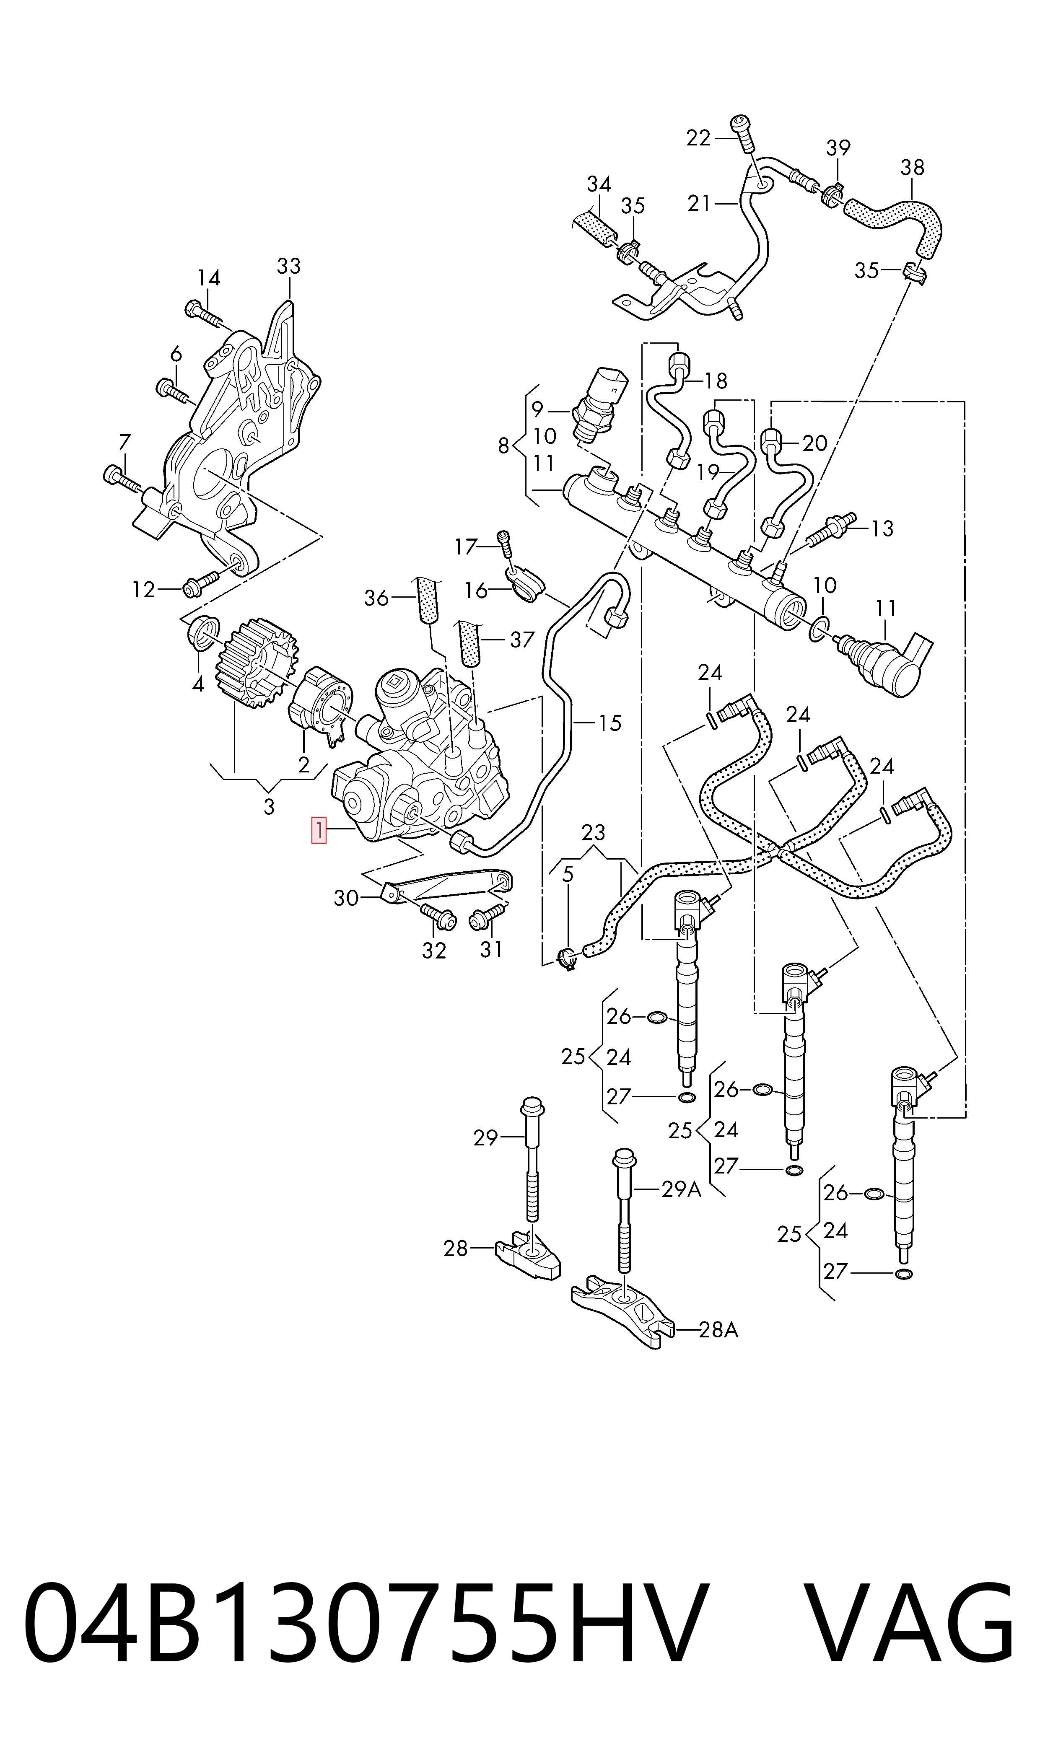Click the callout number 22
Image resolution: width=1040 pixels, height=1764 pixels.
click(x=698, y=138)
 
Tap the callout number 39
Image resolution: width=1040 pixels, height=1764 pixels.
click(x=838, y=148)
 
